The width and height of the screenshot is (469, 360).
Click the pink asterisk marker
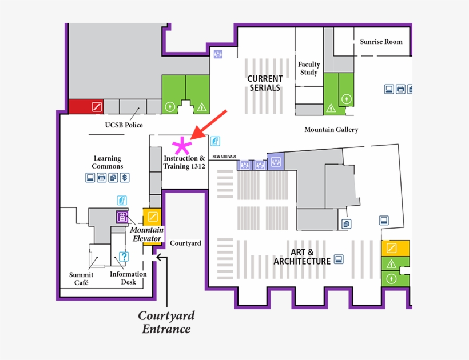point(181,145)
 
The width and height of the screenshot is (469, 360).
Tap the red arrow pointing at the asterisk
point(210,124)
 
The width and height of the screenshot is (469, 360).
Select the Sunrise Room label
point(381,42)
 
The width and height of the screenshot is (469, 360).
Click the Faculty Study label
point(309,69)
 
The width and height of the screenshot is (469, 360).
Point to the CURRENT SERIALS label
point(265,83)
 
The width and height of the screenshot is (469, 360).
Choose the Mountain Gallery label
point(331,130)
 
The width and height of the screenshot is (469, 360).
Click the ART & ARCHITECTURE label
point(302,257)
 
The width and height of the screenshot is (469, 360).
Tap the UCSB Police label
point(124,125)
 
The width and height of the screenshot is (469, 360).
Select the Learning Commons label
point(108,162)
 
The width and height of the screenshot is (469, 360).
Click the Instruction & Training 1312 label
point(184,162)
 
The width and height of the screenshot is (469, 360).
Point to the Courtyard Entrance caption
point(166,322)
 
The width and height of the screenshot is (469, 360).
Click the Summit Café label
point(81,279)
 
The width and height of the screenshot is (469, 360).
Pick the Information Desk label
point(128,278)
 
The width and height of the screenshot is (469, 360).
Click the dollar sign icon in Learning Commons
point(125,178)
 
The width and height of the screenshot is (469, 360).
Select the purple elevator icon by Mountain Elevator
point(122,217)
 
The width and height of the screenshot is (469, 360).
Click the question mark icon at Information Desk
point(124,256)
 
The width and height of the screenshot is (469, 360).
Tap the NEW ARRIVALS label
point(224,157)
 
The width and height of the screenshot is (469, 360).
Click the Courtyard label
point(185,243)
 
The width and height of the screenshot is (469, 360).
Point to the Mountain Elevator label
point(147,234)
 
